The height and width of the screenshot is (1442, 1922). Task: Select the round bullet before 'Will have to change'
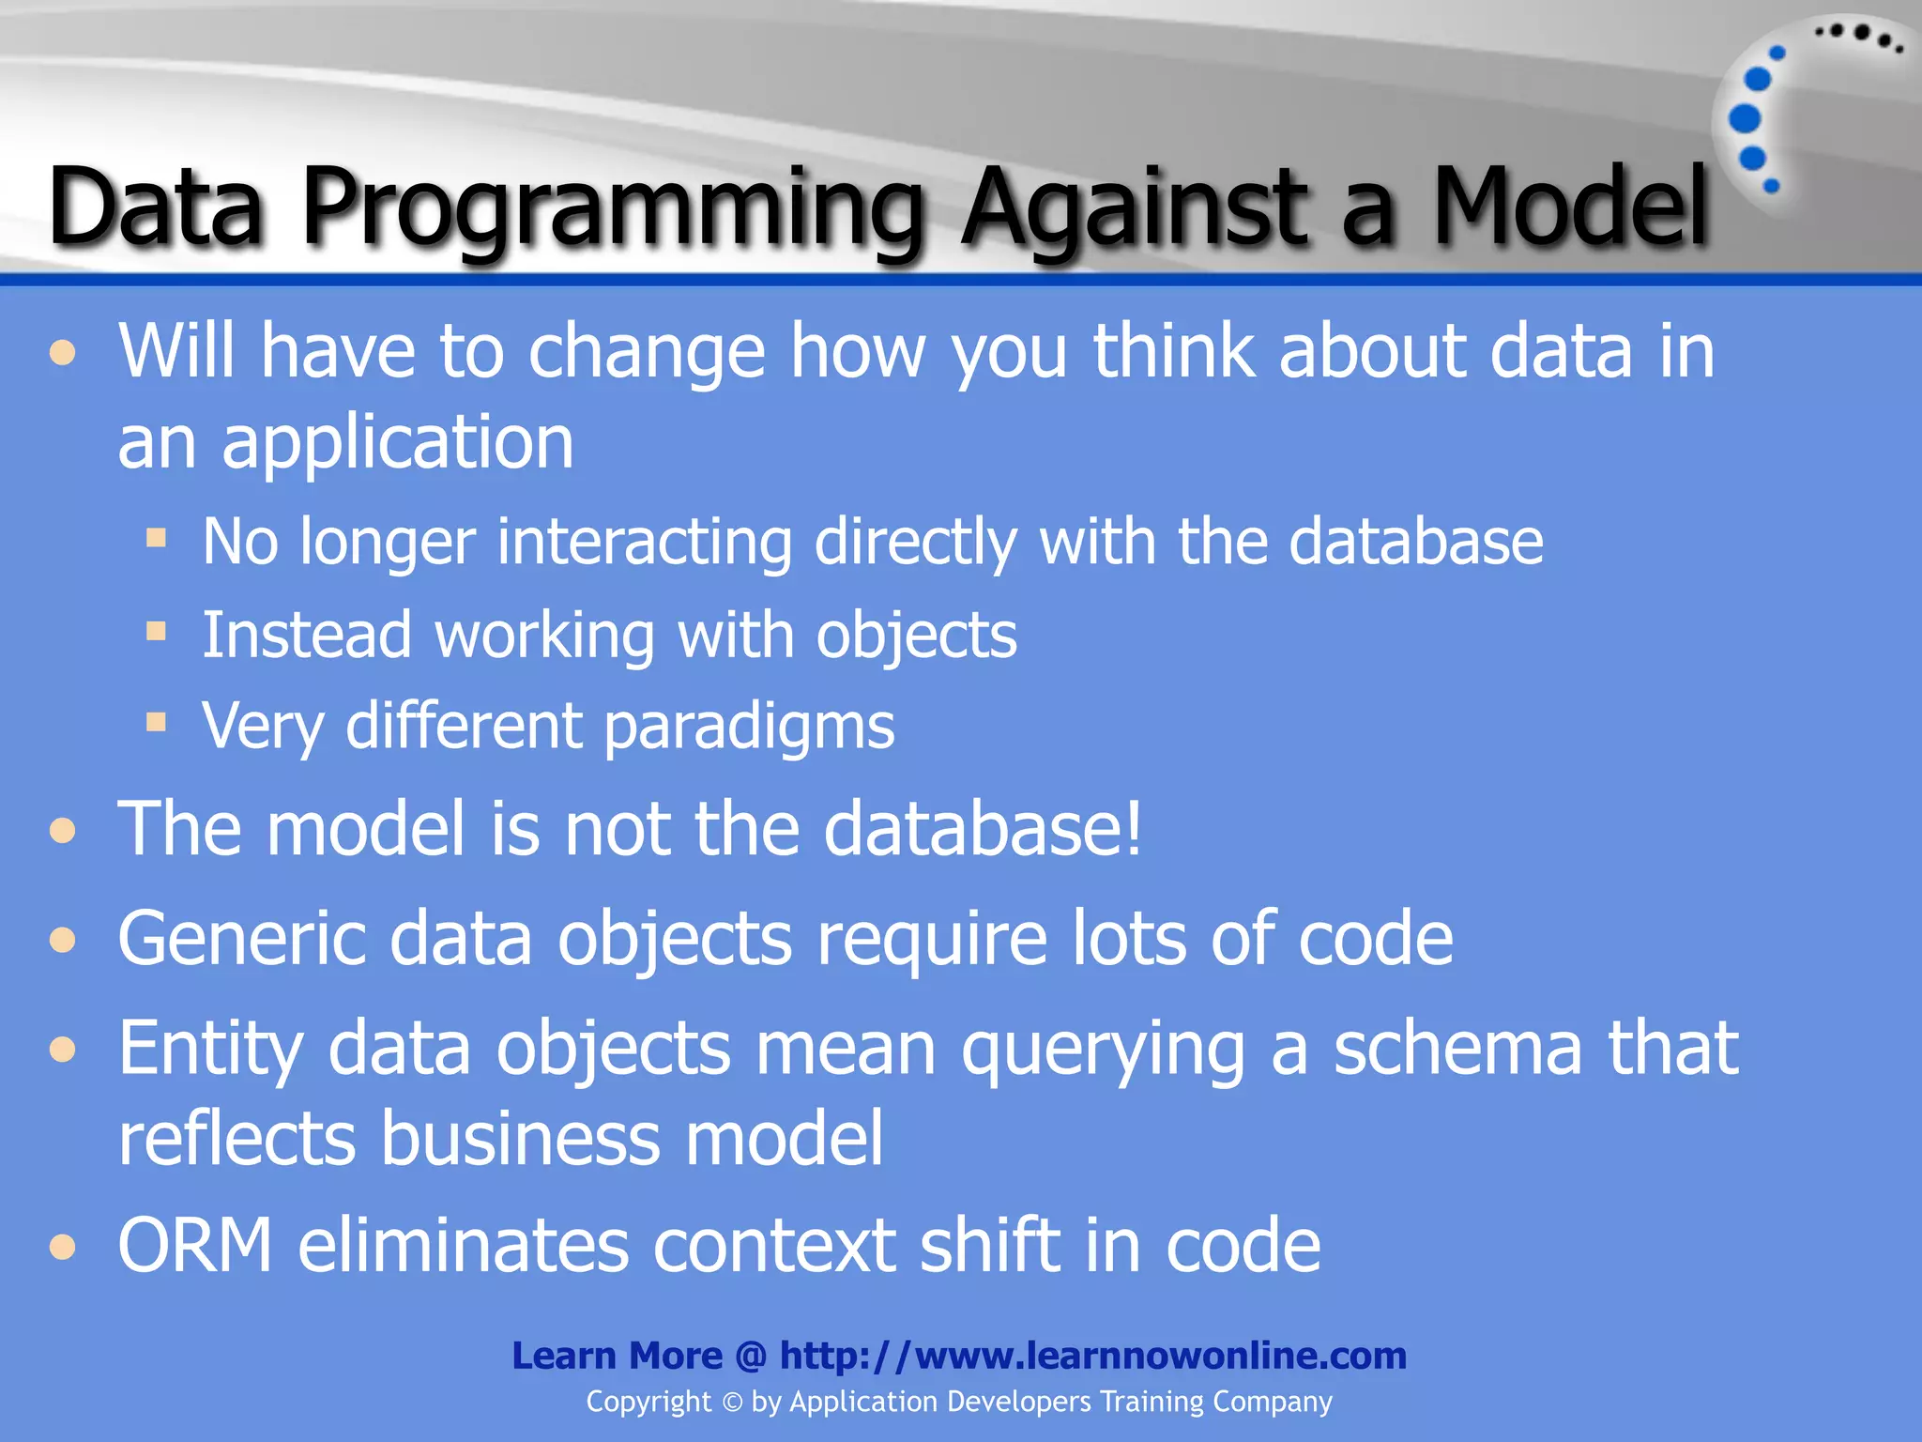[x=63, y=354]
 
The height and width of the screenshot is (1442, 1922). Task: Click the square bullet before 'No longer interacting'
[x=156, y=538]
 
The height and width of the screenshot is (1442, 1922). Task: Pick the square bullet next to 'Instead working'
[x=156, y=631]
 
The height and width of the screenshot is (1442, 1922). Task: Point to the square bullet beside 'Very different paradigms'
[x=156, y=722]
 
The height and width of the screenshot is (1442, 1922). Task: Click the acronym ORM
[x=195, y=1246]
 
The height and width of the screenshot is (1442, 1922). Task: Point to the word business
[x=521, y=1138]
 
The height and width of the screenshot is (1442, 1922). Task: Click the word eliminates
[x=464, y=1246]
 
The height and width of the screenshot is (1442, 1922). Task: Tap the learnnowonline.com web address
[x=1093, y=1356]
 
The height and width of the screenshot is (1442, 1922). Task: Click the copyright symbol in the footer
[x=732, y=1403]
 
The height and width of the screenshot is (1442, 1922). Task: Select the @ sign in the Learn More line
[x=751, y=1357]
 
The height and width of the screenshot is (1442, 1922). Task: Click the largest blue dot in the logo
[x=1745, y=119]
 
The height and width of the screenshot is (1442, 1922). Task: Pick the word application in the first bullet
[x=398, y=443]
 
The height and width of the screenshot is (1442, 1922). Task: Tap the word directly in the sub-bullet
[x=916, y=543]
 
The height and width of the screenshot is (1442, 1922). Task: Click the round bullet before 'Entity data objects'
[x=63, y=1049]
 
